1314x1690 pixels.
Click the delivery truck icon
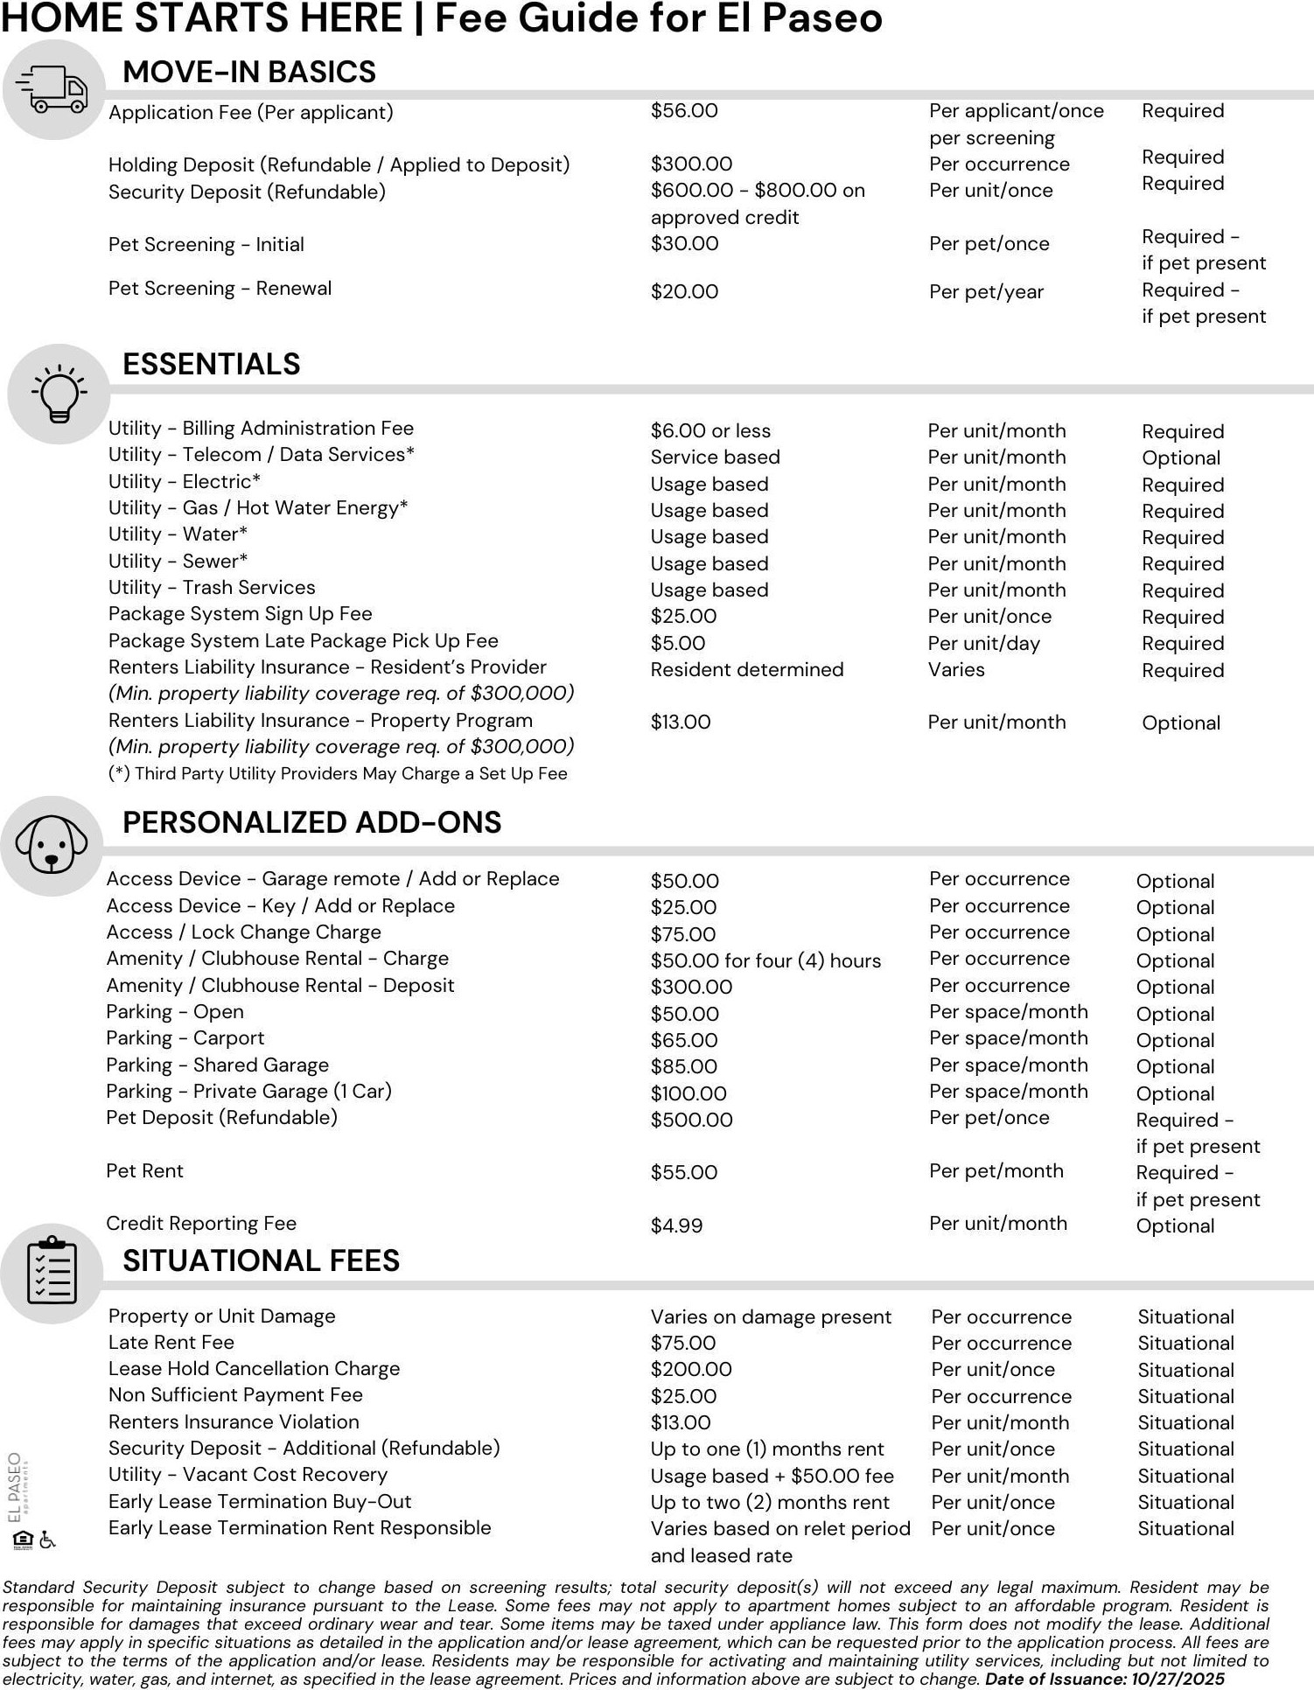[52, 89]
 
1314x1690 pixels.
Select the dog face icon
[52, 845]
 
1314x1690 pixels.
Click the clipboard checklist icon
[52, 1272]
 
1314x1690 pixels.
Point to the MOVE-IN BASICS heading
[248, 72]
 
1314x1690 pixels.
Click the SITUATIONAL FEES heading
[261, 1261]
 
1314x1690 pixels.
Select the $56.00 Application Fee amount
[684, 111]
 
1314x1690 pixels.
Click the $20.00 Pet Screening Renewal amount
[684, 292]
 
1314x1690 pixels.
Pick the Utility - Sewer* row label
[178, 562]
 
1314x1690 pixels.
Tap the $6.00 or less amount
[710, 431]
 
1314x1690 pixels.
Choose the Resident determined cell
[746, 670]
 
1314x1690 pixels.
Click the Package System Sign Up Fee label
[240, 614]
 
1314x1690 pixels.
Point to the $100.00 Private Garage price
[688, 1093]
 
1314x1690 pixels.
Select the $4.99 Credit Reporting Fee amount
[676, 1226]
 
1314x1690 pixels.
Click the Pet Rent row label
[144, 1171]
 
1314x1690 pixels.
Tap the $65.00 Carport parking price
[683, 1041]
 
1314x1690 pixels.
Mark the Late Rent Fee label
[171, 1343]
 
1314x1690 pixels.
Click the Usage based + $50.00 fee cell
[772, 1477]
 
